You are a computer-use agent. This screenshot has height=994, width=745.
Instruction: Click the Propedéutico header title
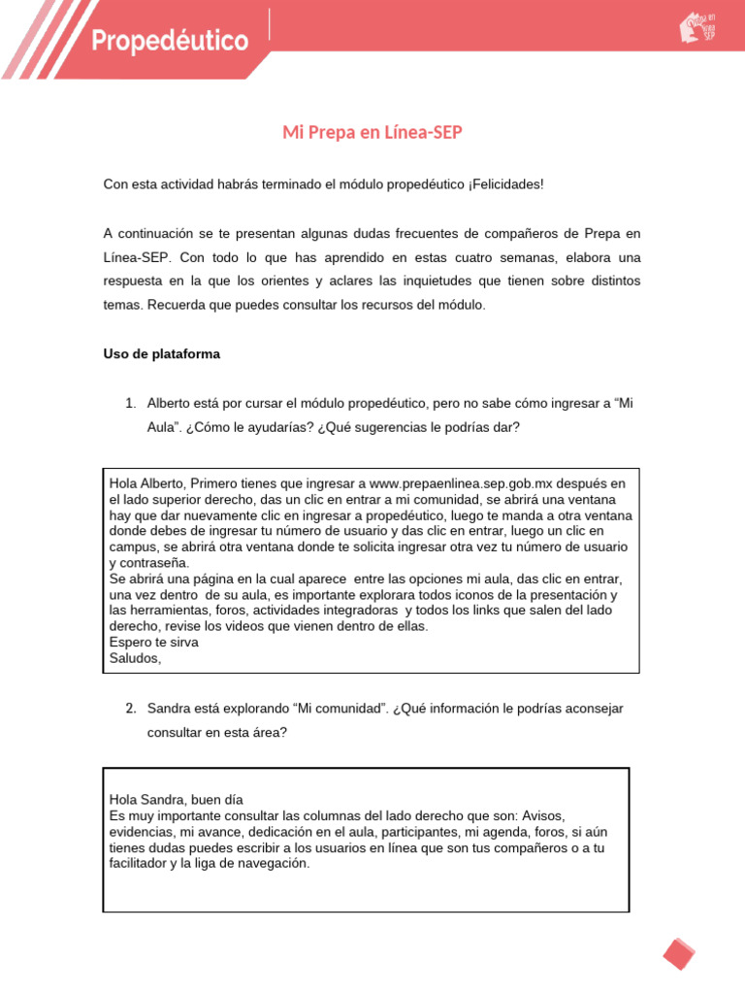tap(171, 42)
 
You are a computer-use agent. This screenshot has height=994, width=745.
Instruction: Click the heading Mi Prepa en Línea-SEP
tap(372, 132)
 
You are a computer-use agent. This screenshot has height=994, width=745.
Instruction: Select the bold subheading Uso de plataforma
tap(162, 354)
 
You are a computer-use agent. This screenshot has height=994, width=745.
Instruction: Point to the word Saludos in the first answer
tap(135, 658)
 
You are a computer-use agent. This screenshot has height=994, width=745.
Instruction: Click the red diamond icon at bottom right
tap(679, 952)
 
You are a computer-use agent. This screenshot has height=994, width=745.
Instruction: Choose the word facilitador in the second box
tap(142, 864)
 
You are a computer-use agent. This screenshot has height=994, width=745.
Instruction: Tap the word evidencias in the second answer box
tap(143, 833)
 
